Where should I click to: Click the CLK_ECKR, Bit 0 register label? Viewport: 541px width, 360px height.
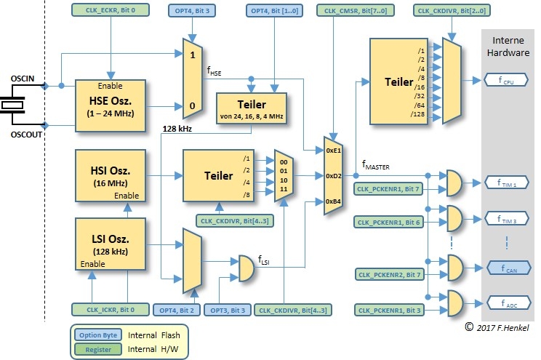coord(109,11)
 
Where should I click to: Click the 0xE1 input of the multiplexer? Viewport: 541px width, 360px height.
coord(332,150)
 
